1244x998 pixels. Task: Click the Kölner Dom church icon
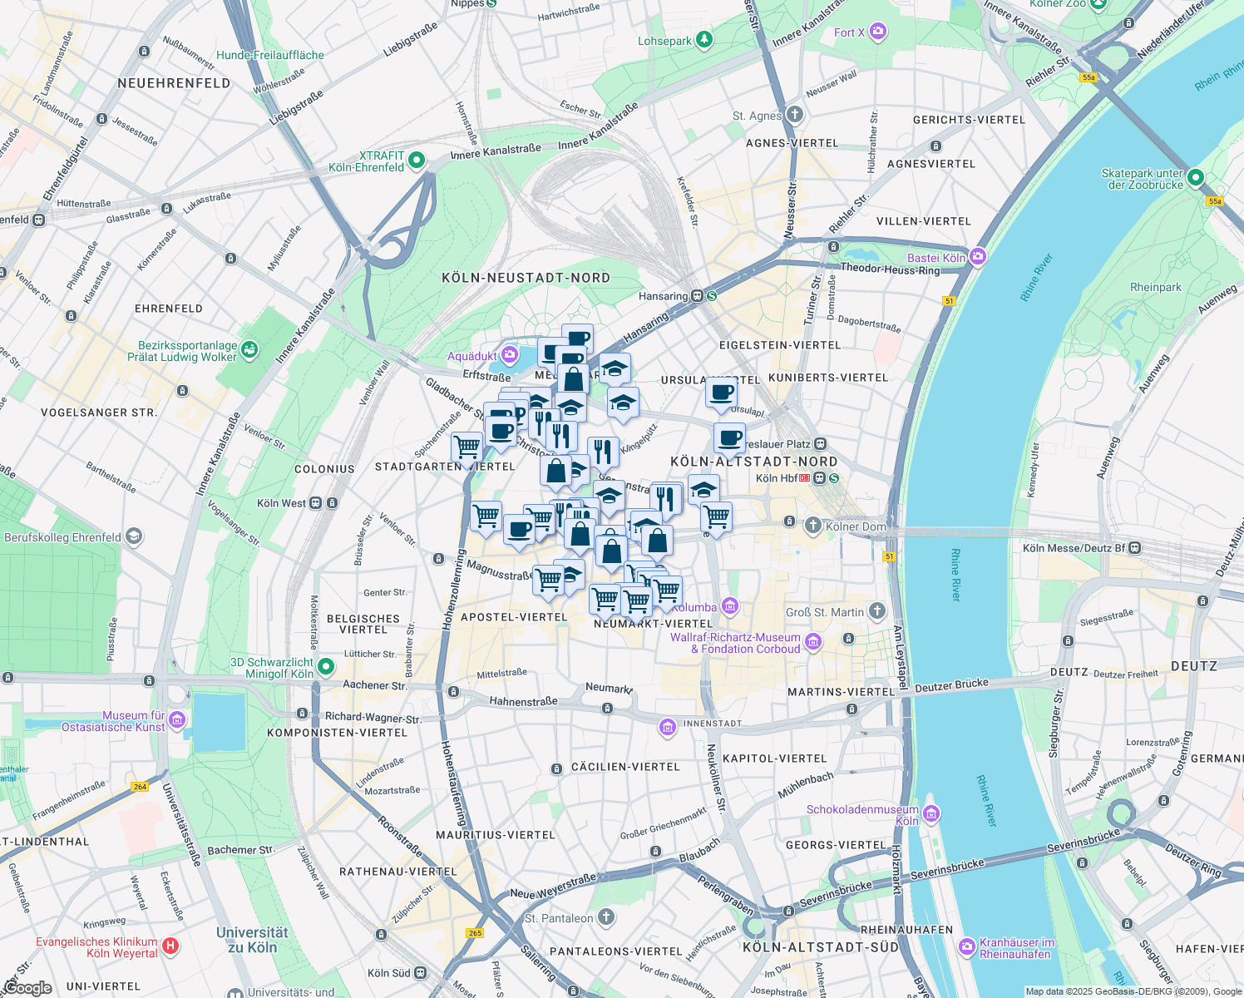(813, 526)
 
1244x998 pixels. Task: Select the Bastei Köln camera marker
(978, 257)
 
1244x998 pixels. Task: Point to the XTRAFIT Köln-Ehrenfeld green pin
(417, 161)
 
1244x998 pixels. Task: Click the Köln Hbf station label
(777, 478)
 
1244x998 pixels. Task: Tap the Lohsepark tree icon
(705, 39)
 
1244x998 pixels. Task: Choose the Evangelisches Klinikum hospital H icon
(170, 946)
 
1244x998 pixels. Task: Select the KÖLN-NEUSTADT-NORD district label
(526, 278)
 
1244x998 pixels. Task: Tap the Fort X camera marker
(878, 32)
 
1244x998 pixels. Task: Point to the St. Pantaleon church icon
(606, 917)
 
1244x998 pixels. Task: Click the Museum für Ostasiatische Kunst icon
(176, 719)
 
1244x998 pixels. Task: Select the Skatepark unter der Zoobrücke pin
(1196, 177)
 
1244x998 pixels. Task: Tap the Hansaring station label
(663, 296)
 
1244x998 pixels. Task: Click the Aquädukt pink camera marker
(510, 356)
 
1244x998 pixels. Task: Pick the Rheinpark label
(1155, 287)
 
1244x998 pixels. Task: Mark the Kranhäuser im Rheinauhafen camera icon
(966, 946)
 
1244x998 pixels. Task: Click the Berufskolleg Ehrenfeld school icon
(134, 537)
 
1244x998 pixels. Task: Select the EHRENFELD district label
(169, 309)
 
